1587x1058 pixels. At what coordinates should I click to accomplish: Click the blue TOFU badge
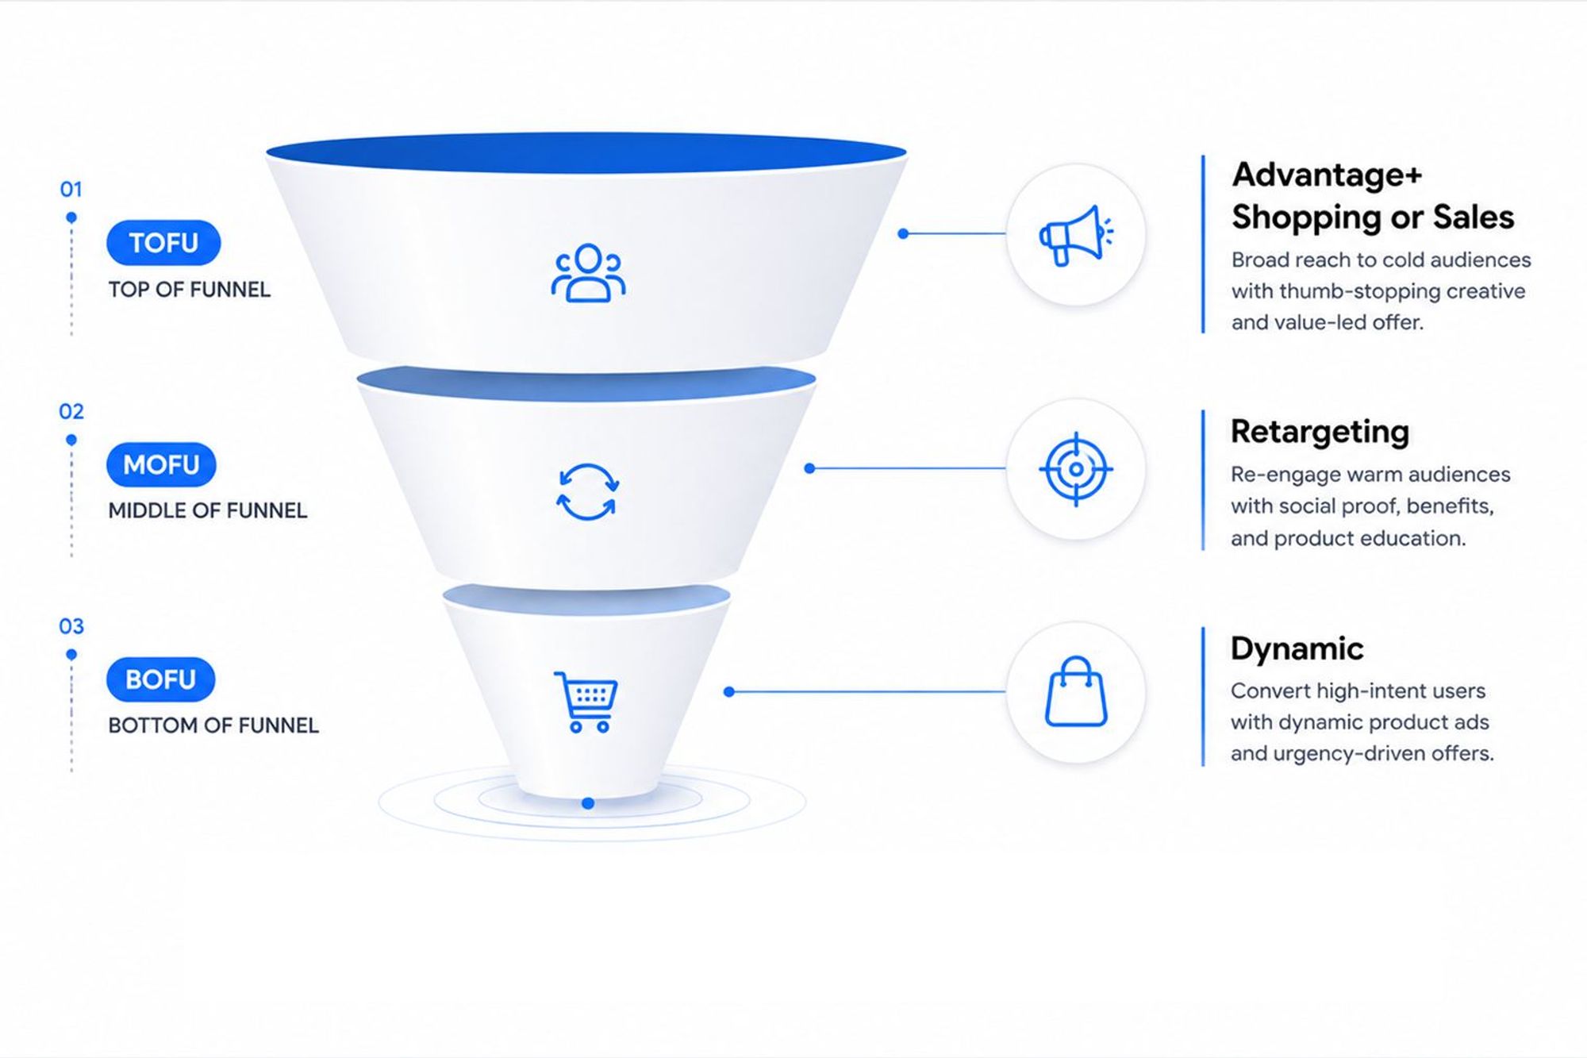click(x=163, y=242)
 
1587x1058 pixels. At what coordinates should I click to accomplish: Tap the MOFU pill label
click(x=161, y=464)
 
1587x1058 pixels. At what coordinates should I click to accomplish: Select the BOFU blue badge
click(x=160, y=679)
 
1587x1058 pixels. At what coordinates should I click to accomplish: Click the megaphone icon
click(x=1076, y=235)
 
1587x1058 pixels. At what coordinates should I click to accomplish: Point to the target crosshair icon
click(x=1076, y=469)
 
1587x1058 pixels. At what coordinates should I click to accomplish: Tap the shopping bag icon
click(x=1076, y=691)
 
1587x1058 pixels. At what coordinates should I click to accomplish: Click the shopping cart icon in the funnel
click(x=586, y=702)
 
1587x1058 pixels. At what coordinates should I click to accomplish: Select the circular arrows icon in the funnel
click(x=587, y=492)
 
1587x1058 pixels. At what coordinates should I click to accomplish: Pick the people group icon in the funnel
click(x=588, y=273)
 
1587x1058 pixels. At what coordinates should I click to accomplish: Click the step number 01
click(x=71, y=190)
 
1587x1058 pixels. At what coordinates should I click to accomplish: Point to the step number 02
click(x=71, y=411)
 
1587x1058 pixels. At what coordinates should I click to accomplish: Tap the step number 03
click(x=71, y=626)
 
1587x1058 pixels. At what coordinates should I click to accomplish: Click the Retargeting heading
click(x=1320, y=433)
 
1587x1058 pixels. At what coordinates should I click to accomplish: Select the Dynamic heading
click(x=1297, y=648)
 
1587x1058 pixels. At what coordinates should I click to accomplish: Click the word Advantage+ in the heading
click(x=1327, y=175)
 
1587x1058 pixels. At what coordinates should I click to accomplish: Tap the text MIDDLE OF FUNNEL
click(x=207, y=510)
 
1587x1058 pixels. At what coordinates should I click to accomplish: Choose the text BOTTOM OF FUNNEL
click(x=213, y=725)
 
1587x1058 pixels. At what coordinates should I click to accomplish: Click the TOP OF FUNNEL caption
click(x=189, y=290)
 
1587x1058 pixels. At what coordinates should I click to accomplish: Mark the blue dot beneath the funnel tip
click(x=588, y=803)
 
